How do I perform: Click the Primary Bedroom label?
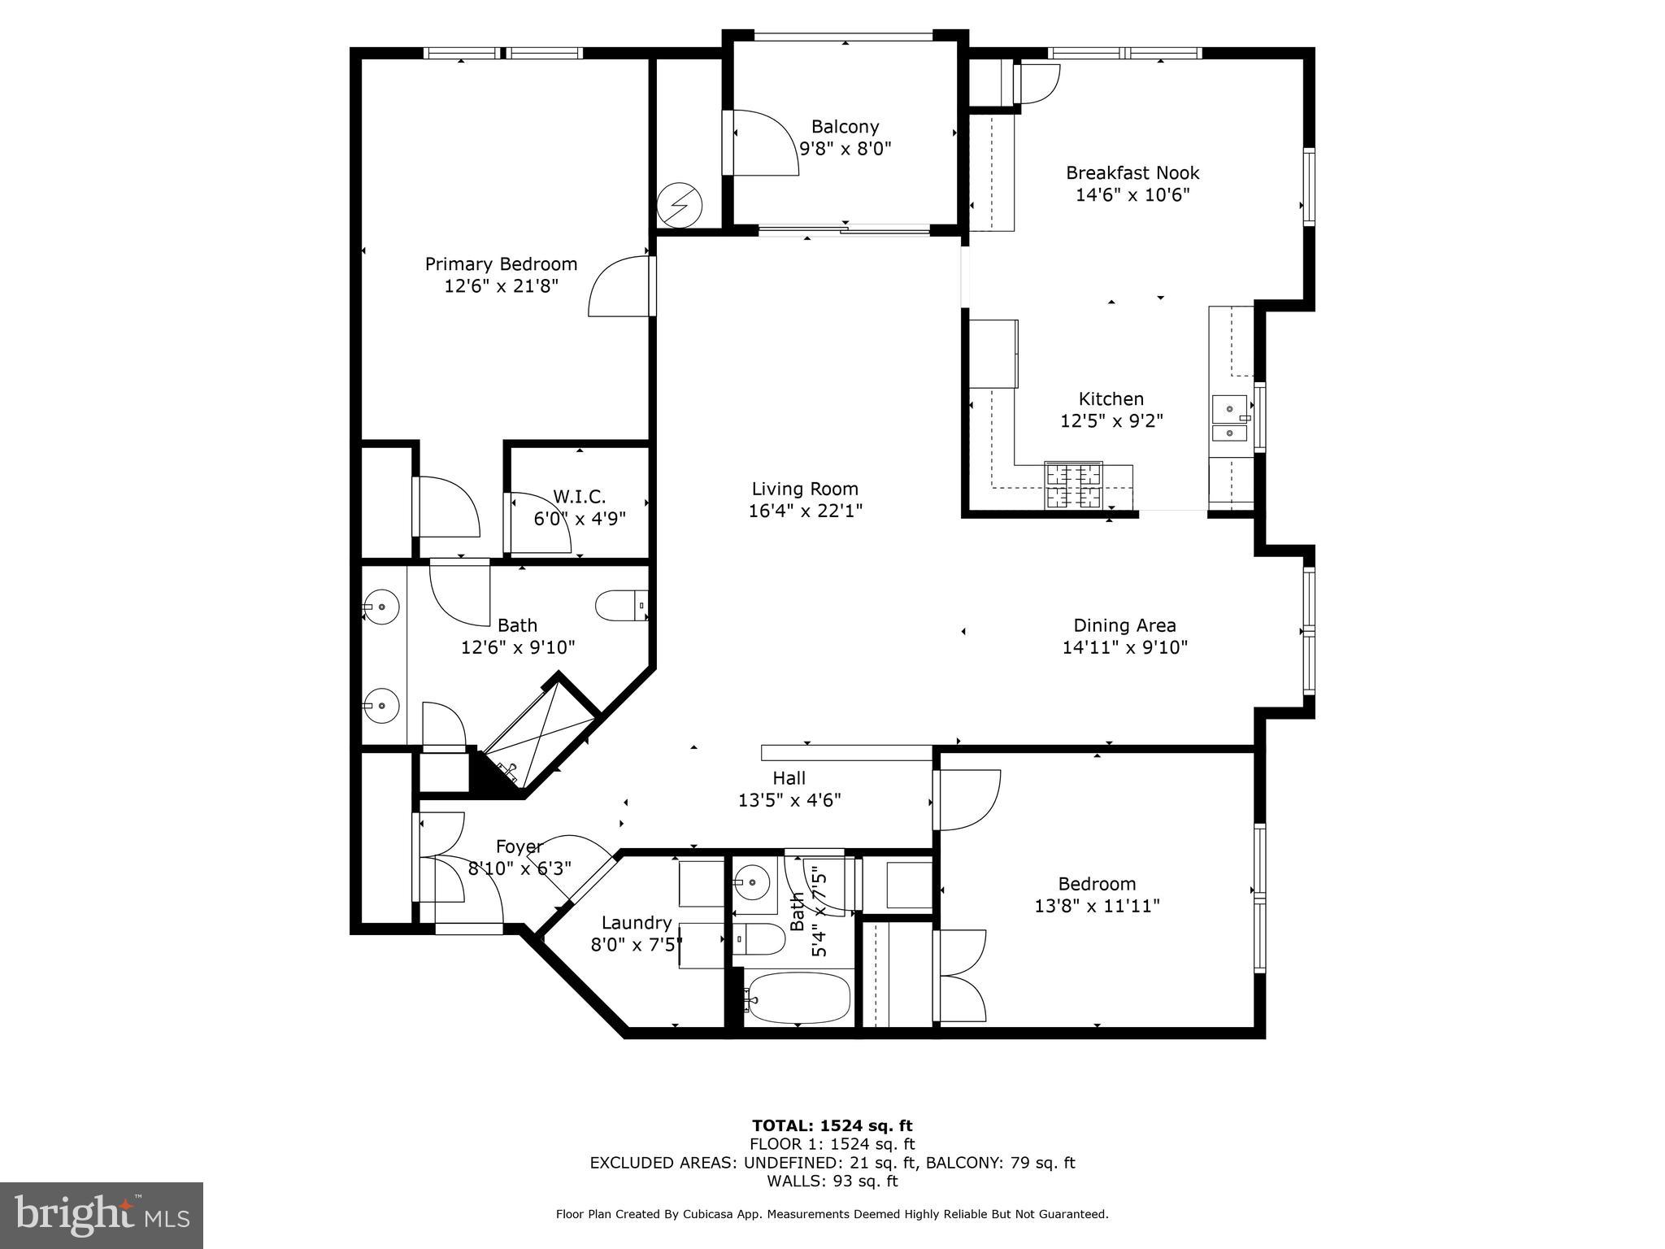coord(501,264)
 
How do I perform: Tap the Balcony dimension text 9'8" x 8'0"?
coord(846,149)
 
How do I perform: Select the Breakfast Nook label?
coord(1132,172)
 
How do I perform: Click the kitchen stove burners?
coord(1073,485)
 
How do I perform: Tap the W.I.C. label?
coord(579,496)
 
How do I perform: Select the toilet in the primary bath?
coord(619,606)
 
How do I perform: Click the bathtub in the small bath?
coord(798,998)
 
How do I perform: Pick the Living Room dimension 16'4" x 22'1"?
coord(805,511)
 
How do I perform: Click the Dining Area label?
coord(1124,625)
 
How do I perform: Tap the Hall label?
coord(789,778)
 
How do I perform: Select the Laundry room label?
coord(637,923)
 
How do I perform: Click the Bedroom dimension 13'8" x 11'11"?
coord(1097,906)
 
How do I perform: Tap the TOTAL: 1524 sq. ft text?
coord(832,1125)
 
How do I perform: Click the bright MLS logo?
coord(102,1215)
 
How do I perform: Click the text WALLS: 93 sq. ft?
coord(832,1181)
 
